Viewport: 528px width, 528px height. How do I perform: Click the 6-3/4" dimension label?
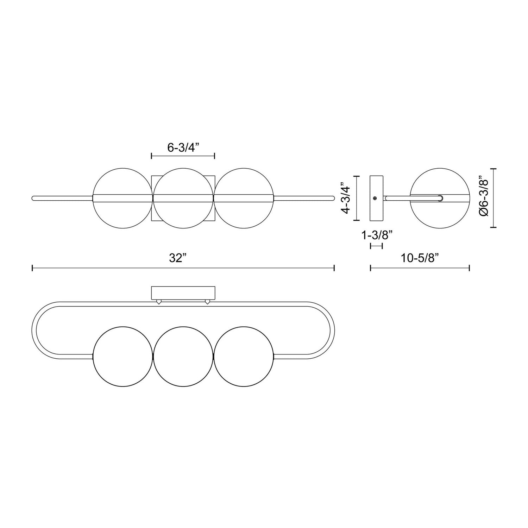tap(183, 147)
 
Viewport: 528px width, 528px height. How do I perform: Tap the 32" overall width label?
tap(177, 258)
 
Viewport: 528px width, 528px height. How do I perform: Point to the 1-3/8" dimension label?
tap(376, 235)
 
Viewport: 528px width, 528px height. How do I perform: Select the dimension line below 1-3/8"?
tap(376, 246)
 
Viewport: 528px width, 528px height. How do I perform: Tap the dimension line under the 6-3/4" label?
tap(183, 156)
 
